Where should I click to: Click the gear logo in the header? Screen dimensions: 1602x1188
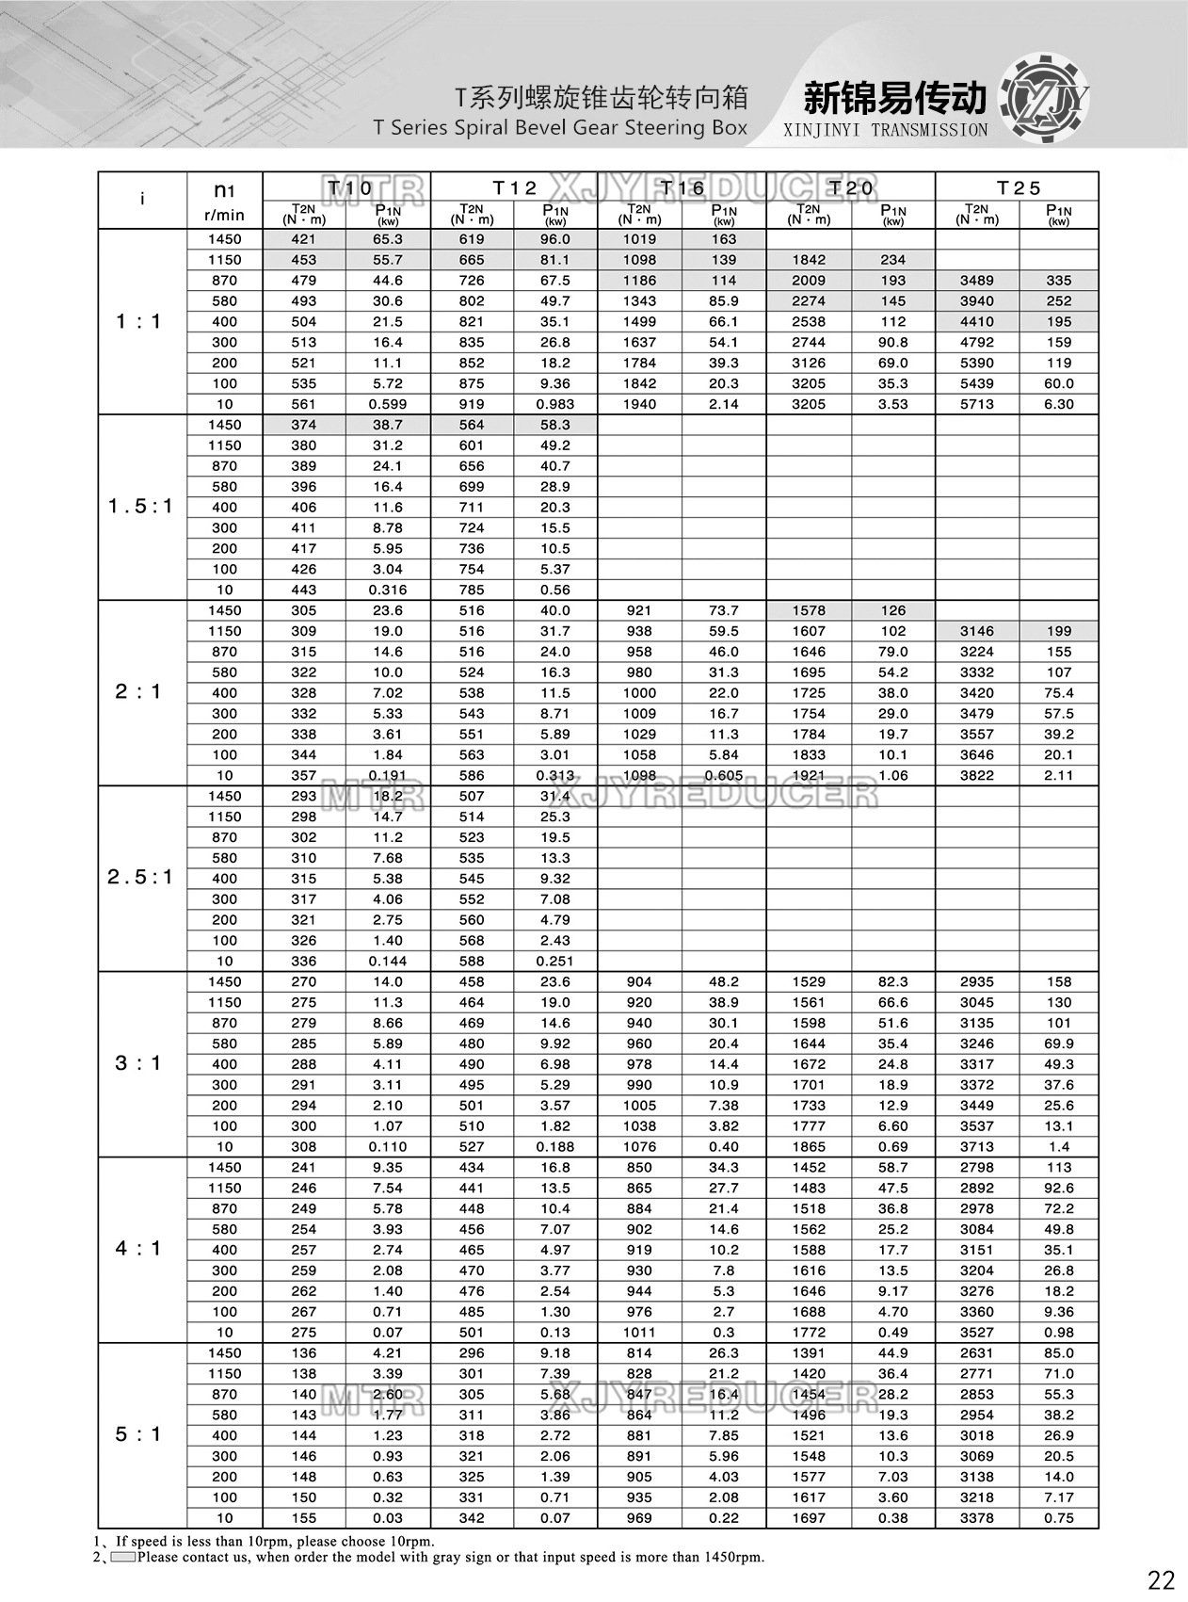(1043, 99)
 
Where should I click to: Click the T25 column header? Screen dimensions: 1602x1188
(1019, 187)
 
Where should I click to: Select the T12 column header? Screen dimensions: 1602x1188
(515, 187)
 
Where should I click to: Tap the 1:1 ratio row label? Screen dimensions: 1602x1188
(138, 322)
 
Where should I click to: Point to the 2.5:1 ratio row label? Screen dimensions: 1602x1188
(140, 878)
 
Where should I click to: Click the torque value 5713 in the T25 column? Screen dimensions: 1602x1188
(976, 404)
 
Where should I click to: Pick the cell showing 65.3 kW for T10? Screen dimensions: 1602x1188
(388, 239)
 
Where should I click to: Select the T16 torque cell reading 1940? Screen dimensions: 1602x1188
(639, 404)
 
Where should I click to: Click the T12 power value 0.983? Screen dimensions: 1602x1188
(554, 404)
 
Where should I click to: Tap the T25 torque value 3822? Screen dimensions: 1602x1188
(976, 775)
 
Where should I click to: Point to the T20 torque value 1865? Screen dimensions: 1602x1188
(809, 1147)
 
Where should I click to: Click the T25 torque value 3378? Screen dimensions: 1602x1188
(976, 1518)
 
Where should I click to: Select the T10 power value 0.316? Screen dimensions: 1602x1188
(388, 590)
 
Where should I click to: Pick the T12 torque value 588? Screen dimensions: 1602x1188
(472, 961)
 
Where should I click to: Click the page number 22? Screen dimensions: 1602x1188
(1161, 1578)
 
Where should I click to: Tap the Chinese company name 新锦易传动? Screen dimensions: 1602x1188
(894, 98)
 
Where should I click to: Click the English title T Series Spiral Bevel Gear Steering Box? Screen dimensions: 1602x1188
(560, 128)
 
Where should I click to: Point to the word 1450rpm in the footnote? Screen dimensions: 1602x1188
(733, 1557)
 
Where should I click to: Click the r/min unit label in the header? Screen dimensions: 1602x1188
(223, 215)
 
